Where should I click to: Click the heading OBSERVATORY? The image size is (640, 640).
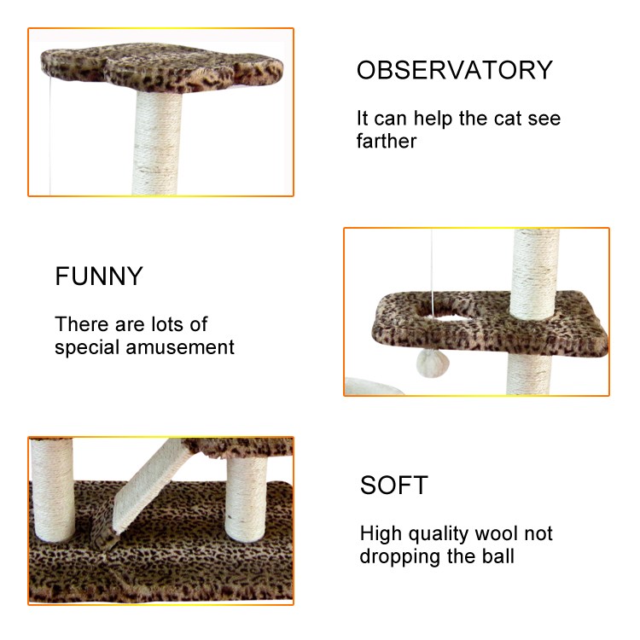[x=455, y=70]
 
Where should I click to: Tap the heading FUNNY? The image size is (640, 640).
[x=99, y=276]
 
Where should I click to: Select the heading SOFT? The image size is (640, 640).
[x=394, y=486]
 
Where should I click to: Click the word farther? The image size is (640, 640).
[x=386, y=141]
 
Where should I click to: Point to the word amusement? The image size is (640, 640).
[x=180, y=348]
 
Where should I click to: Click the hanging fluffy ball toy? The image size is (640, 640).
[x=433, y=364]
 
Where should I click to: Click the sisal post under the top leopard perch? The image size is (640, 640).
[x=157, y=143]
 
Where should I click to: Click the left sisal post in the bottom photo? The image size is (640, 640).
[x=53, y=490]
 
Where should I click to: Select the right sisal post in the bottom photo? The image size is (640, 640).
[x=246, y=498]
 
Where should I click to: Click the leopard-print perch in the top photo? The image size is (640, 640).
[x=161, y=67]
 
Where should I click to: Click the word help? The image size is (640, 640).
[x=433, y=119]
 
